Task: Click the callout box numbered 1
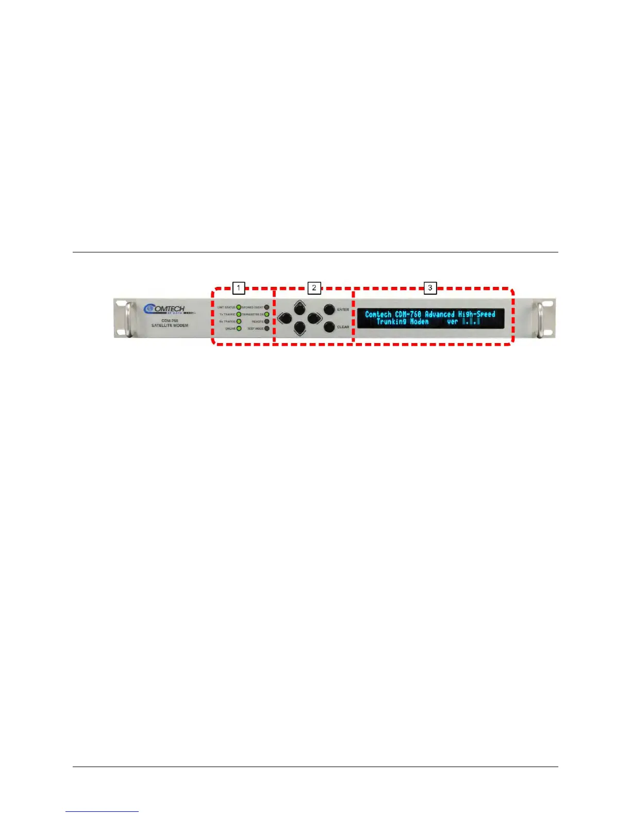[238, 287]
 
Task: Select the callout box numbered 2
[314, 287]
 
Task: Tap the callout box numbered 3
[430, 287]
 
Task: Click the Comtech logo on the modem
[164, 309]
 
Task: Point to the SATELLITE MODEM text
[170, 326]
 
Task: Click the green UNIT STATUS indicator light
[239, 308]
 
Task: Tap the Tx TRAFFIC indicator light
[239, 314]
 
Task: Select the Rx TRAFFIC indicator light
[239, 321]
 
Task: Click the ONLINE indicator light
[239, 328]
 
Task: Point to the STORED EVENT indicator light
[267, 308]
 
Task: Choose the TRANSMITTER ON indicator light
[267, 314]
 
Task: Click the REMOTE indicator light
[267, 321]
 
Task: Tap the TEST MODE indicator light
[267, 328]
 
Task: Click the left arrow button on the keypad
[284, 318]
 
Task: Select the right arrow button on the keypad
[314, 318]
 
